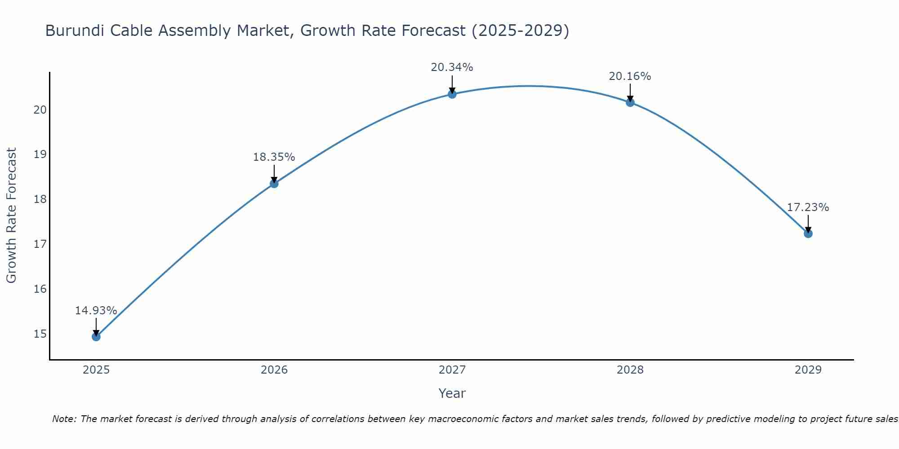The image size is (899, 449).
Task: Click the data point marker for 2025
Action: point(96,337)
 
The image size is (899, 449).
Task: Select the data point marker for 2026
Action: point(274,184)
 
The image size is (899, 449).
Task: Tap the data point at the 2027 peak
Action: point(452,94)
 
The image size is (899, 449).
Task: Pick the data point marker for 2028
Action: point(630,102)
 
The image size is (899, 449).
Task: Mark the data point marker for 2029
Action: point(808,233)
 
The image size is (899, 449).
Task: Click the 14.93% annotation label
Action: point(96,311)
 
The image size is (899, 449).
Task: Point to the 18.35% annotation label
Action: point(274,157)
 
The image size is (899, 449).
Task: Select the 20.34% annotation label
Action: point(452,67)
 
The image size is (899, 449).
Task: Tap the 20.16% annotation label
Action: point(630,76)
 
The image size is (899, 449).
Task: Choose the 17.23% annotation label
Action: point(808,207)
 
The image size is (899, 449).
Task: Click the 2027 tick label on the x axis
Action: point(452,370)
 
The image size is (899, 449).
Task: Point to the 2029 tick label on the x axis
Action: point(808,370)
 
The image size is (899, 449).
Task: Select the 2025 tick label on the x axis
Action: point(96,370)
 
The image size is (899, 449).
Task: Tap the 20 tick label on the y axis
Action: point(40,110)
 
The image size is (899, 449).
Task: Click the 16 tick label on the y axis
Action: point(40,289)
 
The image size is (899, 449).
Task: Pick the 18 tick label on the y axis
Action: point(40,199)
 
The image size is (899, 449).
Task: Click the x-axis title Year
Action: point(452,393)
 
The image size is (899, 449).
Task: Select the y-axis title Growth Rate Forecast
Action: point(11,216)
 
